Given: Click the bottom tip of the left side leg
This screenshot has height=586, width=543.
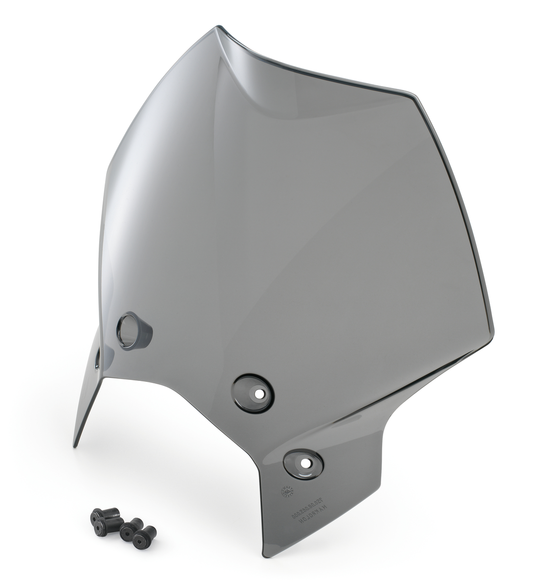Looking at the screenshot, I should [x=75, y=444].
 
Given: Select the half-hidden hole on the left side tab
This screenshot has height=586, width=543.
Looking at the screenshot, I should [x=97, y=359].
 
